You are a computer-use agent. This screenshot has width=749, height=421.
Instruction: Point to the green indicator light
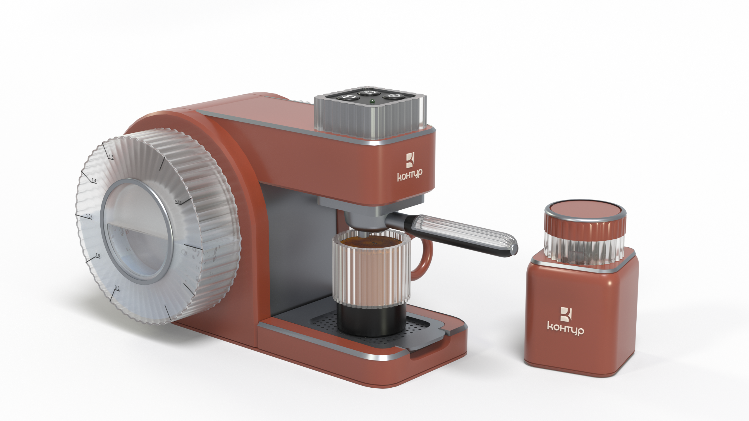[372, 102]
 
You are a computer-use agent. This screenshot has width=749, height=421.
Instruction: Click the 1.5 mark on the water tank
[111, 157]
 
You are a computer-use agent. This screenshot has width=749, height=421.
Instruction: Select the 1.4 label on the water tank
[94, 181]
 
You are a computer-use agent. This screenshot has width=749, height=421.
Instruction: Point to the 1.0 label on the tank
[97, 256]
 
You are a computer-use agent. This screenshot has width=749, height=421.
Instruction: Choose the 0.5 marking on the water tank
[117, 288]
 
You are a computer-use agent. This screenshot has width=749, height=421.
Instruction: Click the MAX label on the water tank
[178, 201]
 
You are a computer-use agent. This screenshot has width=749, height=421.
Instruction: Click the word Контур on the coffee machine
[410, 175]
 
